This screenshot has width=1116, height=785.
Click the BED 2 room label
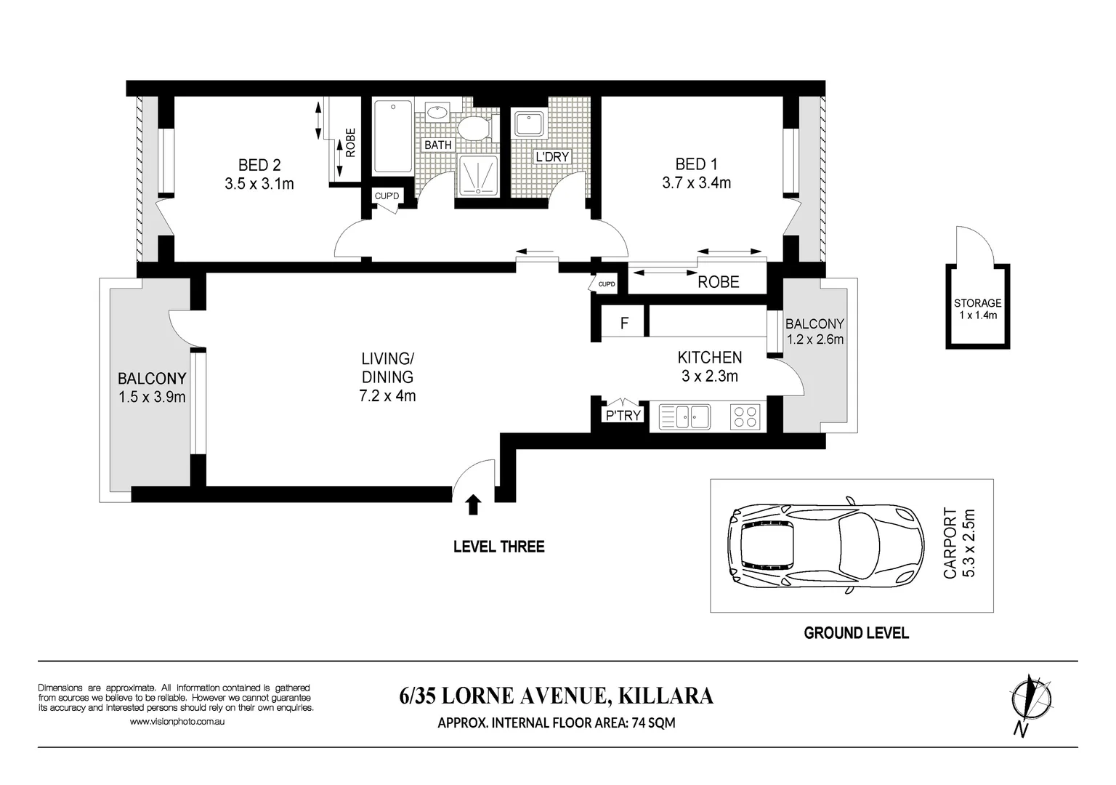click(x=259, y=165)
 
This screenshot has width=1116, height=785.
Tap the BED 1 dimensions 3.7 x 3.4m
click(x=696, y=183)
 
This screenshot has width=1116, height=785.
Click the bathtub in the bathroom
click(x=394, y=137)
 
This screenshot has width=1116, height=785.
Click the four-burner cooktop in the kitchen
click(x=745, y=416)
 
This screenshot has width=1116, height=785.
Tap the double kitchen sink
click(x=684, y=416)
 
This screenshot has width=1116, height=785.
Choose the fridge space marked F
click(x=624, y=323)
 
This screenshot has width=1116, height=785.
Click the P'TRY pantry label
click(x=623, y=415)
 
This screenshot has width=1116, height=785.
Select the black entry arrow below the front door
click(x=473, y=504)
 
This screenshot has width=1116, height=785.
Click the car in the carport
click(x=825, y=544)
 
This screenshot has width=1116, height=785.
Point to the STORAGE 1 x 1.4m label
click(x=977, y=308)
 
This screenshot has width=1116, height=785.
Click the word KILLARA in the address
click(x=666, y=696)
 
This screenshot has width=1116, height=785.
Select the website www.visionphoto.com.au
click(x=177, y=721)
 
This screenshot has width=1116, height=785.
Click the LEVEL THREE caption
click(x=498, y=547)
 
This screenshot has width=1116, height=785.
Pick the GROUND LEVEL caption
click(x=856, y=633)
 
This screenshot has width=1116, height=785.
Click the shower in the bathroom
click(x=478, y=175)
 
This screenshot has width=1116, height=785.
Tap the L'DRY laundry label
click(x=552, y=157)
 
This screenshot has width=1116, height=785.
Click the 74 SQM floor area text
click(x=653, y=722)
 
